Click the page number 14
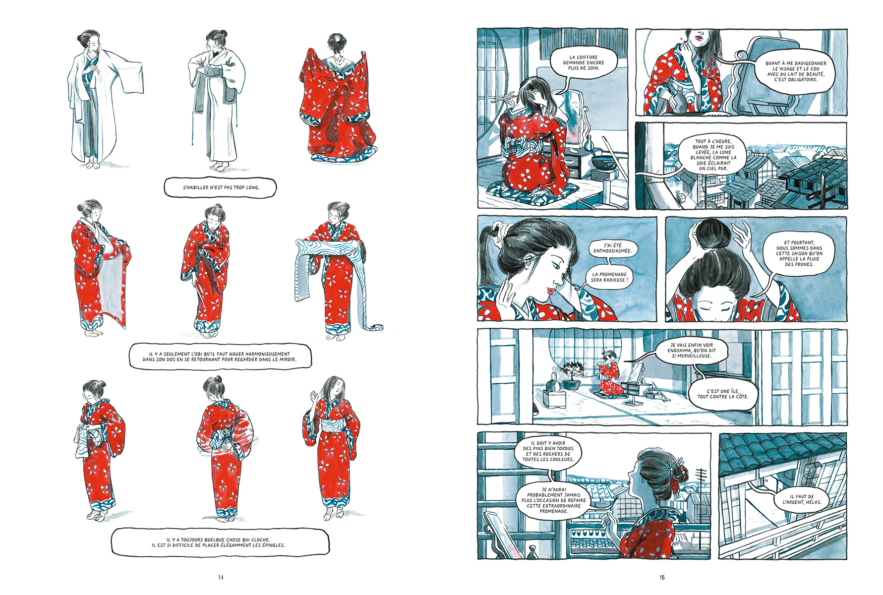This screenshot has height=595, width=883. click(x=221, y=577)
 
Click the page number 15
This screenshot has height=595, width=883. click(x=662, y=577)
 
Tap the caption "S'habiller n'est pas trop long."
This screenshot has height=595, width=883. click(x=221, y=187)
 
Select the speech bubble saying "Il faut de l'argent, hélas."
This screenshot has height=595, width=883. click(x=802, y=499)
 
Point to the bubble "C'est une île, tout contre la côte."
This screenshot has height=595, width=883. click(x=723, y=394)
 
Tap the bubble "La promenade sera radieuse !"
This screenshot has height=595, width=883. click(x=609, y=277)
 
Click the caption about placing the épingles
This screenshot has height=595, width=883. click(x=219, y=542)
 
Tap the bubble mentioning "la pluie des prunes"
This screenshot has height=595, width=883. click(x=799, y=253)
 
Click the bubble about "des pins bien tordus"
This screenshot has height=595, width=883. click(x=548, y=451)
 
